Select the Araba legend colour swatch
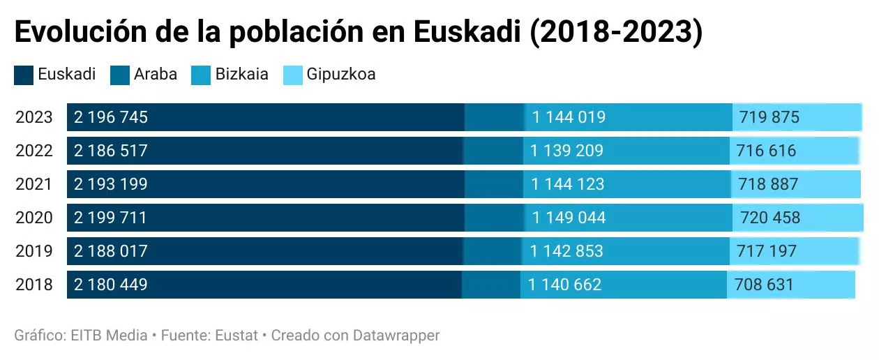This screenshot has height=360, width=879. (120, 75)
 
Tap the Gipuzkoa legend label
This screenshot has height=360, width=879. (341, 74)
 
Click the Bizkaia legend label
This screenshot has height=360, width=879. (241, 74)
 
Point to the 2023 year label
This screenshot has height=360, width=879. (34, 117)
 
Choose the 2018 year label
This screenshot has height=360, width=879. (34, 285)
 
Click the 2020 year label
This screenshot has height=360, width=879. (34, 218)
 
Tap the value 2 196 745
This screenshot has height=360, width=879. (112, 117)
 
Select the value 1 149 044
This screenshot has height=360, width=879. (569, 218)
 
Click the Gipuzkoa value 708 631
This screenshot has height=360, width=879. (764, 285)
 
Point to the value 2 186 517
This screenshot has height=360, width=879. (112, 151)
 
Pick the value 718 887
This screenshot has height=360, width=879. (768, 184)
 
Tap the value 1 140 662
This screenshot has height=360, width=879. (565, 285)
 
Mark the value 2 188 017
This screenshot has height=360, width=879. (112, 251)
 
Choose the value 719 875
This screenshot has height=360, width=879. (769, 117)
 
